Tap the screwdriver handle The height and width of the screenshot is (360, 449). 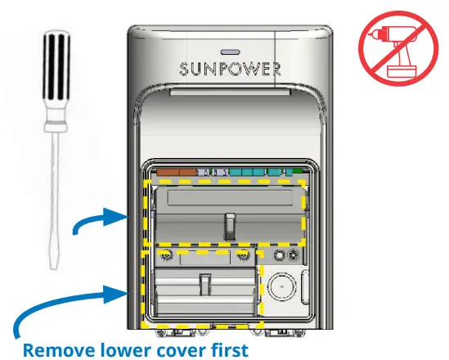pyautogui.click(x=55, y=77)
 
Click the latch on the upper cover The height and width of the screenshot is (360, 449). pyautogui.click(x=231, y=223)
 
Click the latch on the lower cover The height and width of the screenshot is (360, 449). pyautogui.click(x=205, y=286)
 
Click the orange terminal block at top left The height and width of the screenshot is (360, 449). pyautogui.click(x=177, y=173)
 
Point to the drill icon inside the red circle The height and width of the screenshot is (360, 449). pyautogui.click(x=393, y=49)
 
